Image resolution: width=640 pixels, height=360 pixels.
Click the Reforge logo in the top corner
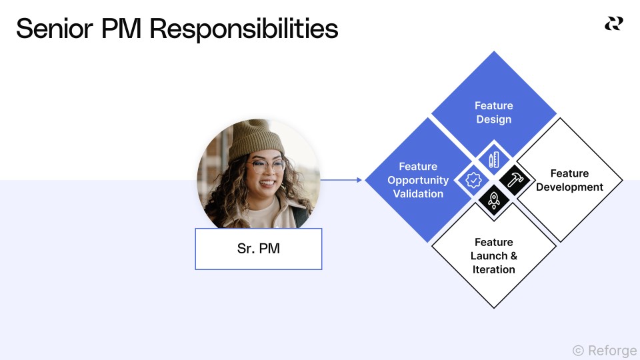(x=613, y=24)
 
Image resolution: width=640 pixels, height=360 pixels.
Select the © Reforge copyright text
(x=604, y=351)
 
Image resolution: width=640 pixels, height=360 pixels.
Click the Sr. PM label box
(x=259, y=249)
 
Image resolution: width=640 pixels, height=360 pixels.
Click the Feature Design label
(x=494, y=113)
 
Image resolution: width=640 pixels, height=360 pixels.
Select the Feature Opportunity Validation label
(x=418, y=180)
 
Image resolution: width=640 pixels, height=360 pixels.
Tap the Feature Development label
(x=569, y=180)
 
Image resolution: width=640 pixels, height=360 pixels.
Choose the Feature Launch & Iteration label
(x=494, y=255)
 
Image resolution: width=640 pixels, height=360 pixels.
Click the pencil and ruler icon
(x=494, y=160)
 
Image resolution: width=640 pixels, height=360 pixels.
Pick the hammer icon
(x=515, y=180)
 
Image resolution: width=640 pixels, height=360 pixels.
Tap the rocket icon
(x=494, y=199)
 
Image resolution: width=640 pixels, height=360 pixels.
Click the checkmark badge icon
(x=473, y=180)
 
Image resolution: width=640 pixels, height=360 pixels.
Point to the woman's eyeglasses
(x=266, y=166)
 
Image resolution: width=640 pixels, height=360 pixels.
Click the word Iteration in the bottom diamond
(x=494, y=269)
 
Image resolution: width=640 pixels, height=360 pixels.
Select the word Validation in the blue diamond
(x=418, y=194)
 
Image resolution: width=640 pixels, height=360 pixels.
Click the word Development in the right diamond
(x=569, y=187)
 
